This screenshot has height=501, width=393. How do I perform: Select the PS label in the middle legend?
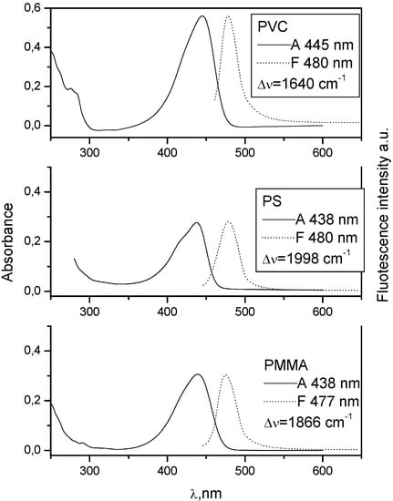[270, 198]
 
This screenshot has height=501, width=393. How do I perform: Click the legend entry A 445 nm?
[317, 45]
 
